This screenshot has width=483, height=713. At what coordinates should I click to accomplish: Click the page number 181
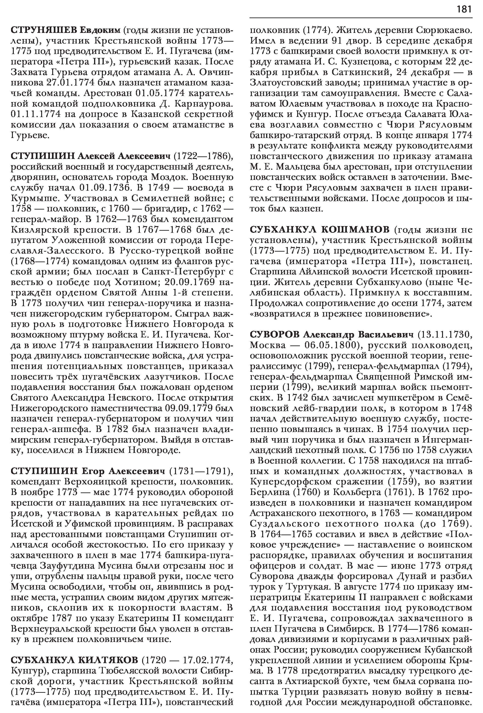point(464,9)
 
